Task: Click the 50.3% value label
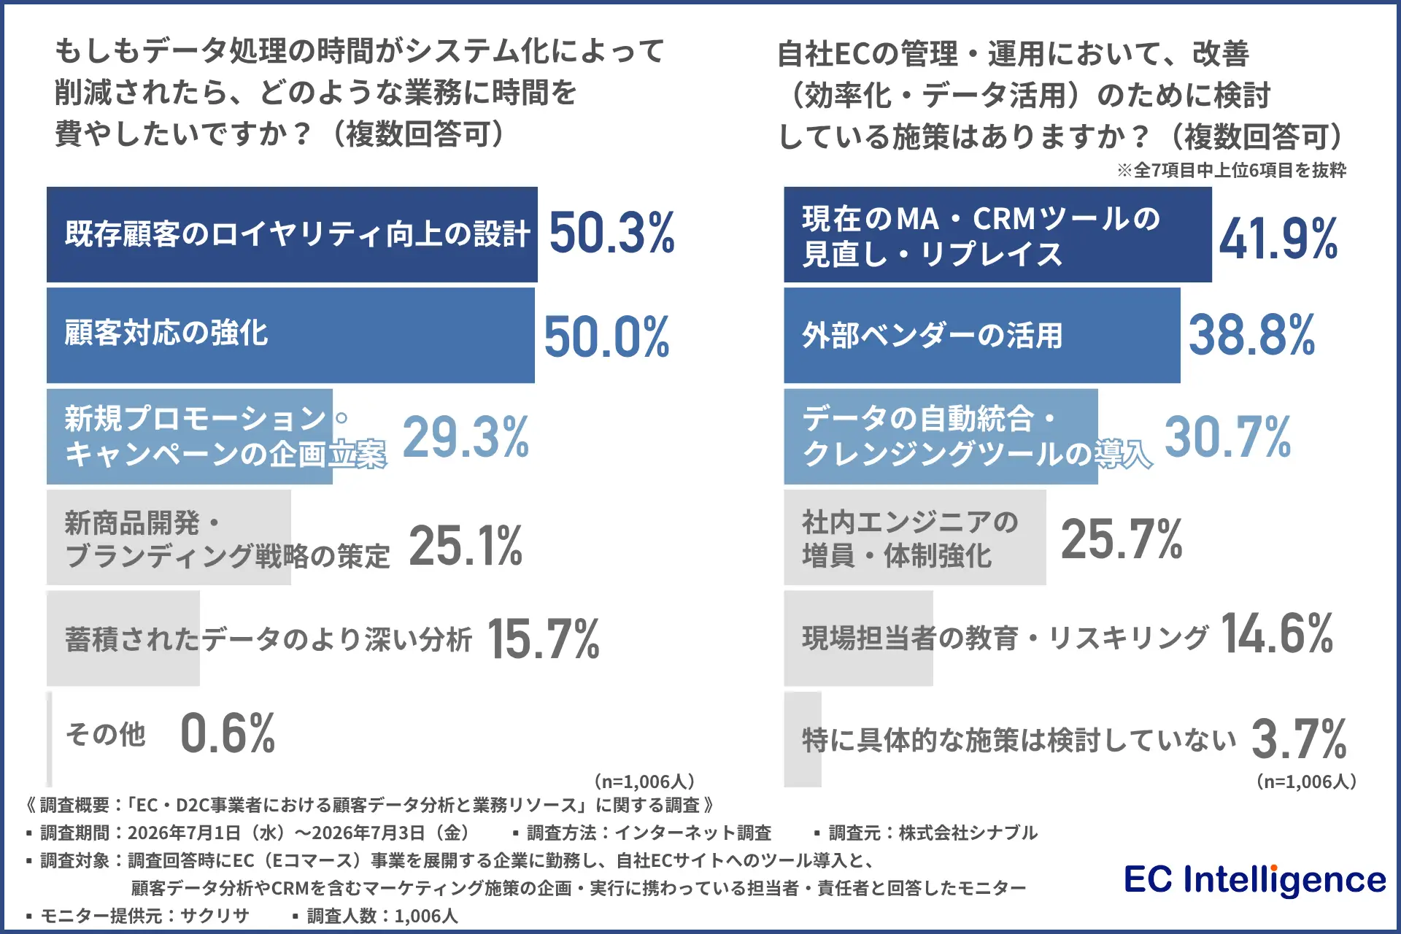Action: click(611, 233)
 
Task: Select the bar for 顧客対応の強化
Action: click(290, 335)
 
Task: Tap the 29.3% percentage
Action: click(466, 436)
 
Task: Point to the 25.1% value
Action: click(466, 545)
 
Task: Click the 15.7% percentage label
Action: click(543, 638)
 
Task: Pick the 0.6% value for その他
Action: click(228, 733)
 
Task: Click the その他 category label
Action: click(106, 734)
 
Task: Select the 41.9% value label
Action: click(1278, 238)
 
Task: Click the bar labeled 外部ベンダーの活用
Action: click(982, 335)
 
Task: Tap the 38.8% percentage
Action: click(1251, 335)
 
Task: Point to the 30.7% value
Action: click(1227, 436)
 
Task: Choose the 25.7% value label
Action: click(1122, 539)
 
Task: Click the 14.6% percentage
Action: click(1277, 633)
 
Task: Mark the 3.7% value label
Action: click(1299, 738)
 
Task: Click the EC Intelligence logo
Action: click(1254, 879)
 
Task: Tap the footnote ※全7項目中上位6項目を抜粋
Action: click(1231, 170)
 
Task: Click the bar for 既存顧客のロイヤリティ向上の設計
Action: click(292, 234)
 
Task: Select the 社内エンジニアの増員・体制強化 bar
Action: click(915, 537)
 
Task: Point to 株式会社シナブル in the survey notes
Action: click(968, 833)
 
